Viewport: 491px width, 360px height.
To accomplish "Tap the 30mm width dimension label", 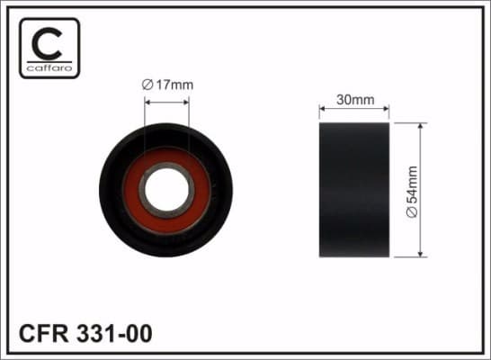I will tap(353, 100).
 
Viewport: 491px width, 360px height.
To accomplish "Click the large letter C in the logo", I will tap(49, 40).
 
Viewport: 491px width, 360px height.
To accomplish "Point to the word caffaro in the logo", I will tap(49, 67).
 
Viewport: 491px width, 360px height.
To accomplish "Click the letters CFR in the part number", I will tap(42, 334).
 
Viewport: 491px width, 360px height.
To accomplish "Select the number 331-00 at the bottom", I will tap(115, 334).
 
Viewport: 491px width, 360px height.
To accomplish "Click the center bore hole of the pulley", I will tap(166, 190).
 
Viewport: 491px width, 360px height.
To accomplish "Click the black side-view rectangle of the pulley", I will tap(353, 189).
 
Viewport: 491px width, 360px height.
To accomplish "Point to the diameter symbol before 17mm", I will tap(149, 85).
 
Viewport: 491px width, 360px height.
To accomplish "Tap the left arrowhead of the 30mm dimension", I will tap(323, 111).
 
